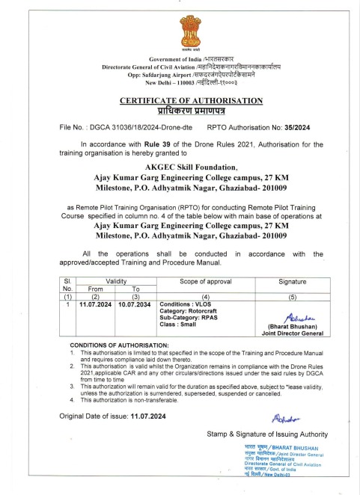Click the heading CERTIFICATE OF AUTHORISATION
(x=180, y=99)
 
